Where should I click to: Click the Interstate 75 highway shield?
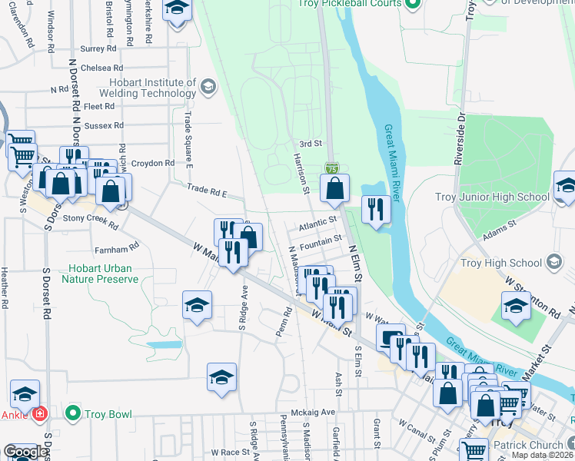point(331,167)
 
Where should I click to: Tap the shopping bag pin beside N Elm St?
point(334,189)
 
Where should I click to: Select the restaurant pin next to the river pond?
point(375,211)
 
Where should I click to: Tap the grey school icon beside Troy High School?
point(553,263)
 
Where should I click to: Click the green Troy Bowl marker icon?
point(73,413)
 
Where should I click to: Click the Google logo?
point(25,452)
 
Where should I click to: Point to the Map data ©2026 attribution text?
point(541,455)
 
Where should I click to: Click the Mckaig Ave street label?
point(318,412)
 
